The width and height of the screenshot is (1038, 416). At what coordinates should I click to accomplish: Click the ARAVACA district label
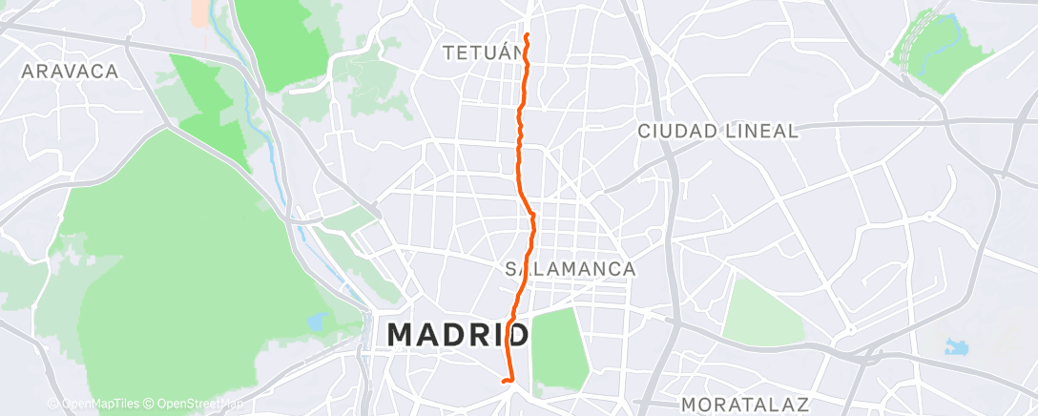(70, 72)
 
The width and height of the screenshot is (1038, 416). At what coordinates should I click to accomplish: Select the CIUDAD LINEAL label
(717, 132)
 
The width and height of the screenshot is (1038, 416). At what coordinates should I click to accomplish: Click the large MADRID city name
(459, 335)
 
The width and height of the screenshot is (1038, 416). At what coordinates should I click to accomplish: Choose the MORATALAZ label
(745, 406)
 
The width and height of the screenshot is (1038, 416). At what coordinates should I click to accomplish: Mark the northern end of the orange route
(527, 35)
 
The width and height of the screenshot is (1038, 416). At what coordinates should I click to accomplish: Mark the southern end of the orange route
(503, 382)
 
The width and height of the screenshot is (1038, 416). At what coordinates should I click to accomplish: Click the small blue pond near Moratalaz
(955, 346)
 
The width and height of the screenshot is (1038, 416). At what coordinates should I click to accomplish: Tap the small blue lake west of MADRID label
(317, 322)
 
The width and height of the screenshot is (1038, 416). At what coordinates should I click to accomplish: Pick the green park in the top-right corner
(941, 53)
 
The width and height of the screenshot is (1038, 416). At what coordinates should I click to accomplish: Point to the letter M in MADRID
(404, 335)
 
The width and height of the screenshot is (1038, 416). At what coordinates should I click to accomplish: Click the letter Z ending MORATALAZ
(802, 406)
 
